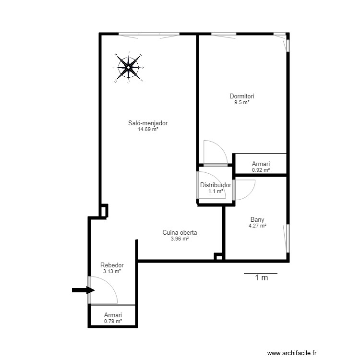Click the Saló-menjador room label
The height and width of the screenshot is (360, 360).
pyautogui.click(x=148, y=123)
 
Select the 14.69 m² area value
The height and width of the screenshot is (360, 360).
pyautogui.click(x=148, y=129)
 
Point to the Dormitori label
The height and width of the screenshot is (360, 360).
pyautogui.click(x=241, y=96)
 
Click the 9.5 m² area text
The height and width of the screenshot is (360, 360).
pyautogui.click(x=241, y=102)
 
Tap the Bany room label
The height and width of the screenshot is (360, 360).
pyautogui.click(x=257, y=220)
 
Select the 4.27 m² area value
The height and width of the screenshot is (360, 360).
pyautogui.click(x=257, y=226)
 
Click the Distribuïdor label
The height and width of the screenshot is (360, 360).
pyautogui.click(x=216, y=185)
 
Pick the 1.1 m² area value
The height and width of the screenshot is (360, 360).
pyautogui.click(x=216, y=191)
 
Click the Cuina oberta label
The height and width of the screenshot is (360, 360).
pyautogui.click(x=180, y=233)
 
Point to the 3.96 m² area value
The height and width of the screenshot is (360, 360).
pyautogui.click(x=180, y=239)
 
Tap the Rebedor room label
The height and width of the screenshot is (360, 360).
pyautogui.click(x=112, y=265)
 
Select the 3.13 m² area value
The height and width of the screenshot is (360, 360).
pyautogui.click(x=112, y=271)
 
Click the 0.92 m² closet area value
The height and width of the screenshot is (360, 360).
pyautogui.click(x=261, y=170)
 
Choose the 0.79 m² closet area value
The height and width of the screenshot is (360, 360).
pyautogui.click(x=113, y=322)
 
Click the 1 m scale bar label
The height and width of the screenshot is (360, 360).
pyautogui.click(x=261, y=278)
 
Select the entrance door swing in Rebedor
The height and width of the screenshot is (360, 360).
pyautogui.click(x=108, y=290)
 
